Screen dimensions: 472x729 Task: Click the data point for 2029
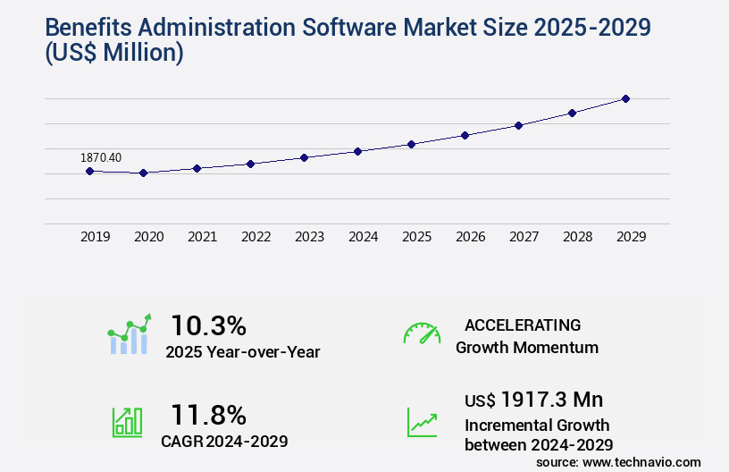(625, 98)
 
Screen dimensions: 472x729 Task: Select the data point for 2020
(143, 173)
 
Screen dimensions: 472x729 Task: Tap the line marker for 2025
(411, 144)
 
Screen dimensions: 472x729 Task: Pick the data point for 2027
(518, 125)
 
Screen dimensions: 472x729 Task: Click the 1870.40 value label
(101, 158)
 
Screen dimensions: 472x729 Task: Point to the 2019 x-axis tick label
(96, 237)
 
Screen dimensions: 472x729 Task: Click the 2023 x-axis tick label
(310, 237)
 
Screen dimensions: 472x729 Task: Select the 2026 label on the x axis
(471, 237)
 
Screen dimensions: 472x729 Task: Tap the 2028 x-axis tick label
(578, 237)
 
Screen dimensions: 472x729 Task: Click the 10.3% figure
(208, 324)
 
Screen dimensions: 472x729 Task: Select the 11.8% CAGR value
(208, 415)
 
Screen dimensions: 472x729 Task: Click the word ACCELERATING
(523, 324)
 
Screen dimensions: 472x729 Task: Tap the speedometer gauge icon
(422, 333)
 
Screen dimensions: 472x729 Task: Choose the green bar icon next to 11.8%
(127, 422)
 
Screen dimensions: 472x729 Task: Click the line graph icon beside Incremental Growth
(422, 422)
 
